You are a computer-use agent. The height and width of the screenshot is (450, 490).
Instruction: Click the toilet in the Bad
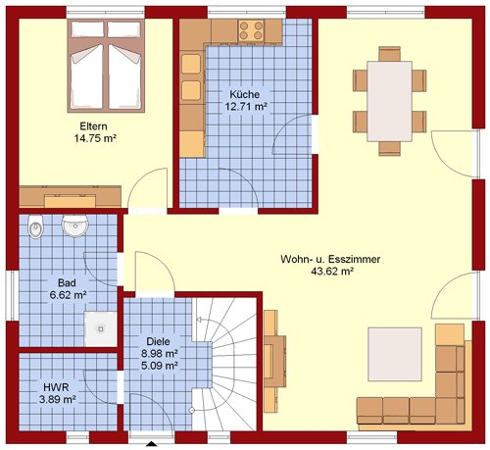(35, 226)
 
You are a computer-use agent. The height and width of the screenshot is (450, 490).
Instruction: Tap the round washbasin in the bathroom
(75, 225)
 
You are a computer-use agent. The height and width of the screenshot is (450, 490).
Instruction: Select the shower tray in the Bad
(101, 328)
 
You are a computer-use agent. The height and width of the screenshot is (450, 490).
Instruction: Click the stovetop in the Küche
(251, 30)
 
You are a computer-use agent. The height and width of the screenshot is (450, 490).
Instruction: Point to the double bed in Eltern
(106, 66)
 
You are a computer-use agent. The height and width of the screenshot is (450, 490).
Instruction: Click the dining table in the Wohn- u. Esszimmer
(389, 101)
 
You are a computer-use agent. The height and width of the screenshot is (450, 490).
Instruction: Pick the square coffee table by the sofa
(395, 354)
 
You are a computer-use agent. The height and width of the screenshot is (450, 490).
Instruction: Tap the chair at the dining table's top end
(390, 54)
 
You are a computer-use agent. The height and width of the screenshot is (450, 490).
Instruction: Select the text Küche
(245, 94)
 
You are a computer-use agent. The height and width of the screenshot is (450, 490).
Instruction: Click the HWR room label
(56, 387)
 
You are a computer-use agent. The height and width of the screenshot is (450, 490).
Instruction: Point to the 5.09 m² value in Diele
(160, 365)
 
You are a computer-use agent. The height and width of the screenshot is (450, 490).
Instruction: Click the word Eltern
(93, 126)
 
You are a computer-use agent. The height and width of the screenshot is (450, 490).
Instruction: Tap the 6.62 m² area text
(68, 295)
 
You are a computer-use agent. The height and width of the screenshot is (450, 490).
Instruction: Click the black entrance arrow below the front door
(151, 444)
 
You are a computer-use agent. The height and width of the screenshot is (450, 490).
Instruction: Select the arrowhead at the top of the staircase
(199, 320)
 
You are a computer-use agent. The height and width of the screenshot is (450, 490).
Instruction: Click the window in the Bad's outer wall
(13, 295)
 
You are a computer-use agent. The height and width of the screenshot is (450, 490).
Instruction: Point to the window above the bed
(106, 13)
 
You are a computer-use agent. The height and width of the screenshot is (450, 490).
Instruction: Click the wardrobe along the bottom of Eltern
(71, 196)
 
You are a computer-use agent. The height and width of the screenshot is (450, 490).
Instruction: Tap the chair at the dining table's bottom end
(390, 149)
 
